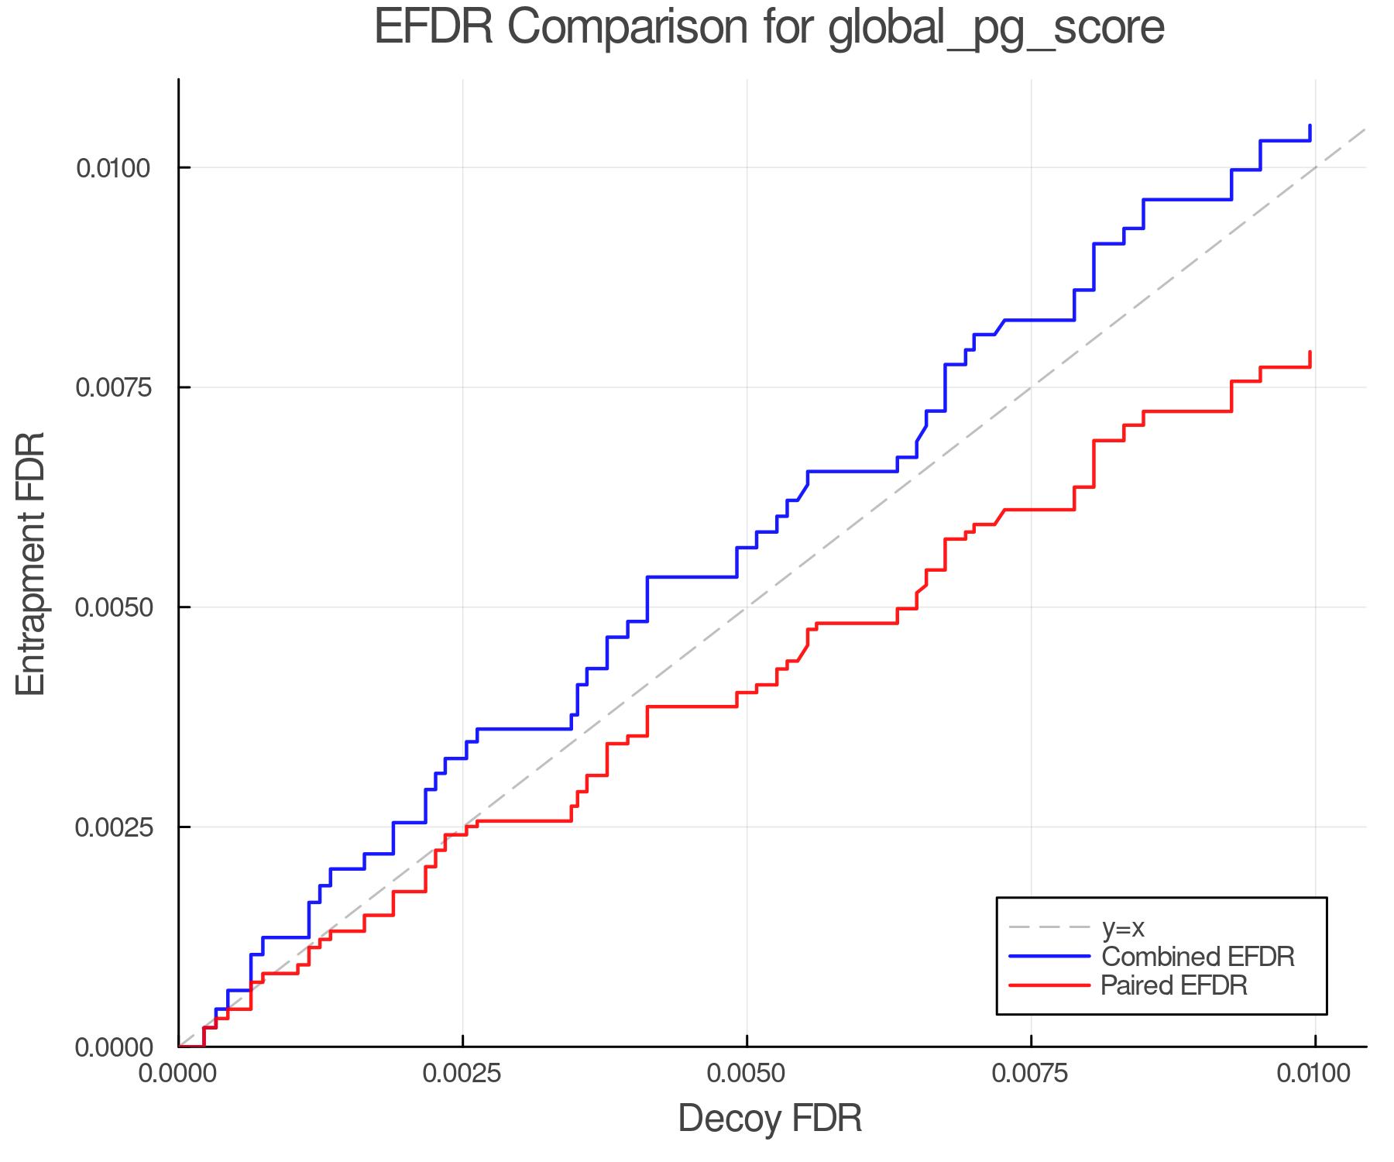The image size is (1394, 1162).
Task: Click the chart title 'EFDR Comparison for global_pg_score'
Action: (769, 28)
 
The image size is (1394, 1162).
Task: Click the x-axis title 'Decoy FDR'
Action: (770, 1119)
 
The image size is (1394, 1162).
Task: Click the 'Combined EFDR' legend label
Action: (1198, 957)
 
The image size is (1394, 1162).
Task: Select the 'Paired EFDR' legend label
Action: (1174, 985)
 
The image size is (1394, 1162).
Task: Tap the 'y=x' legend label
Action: (1122, 927)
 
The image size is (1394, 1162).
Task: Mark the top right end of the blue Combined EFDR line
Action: (1310, 125)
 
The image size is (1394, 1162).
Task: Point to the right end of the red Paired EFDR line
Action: (1310, 352)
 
